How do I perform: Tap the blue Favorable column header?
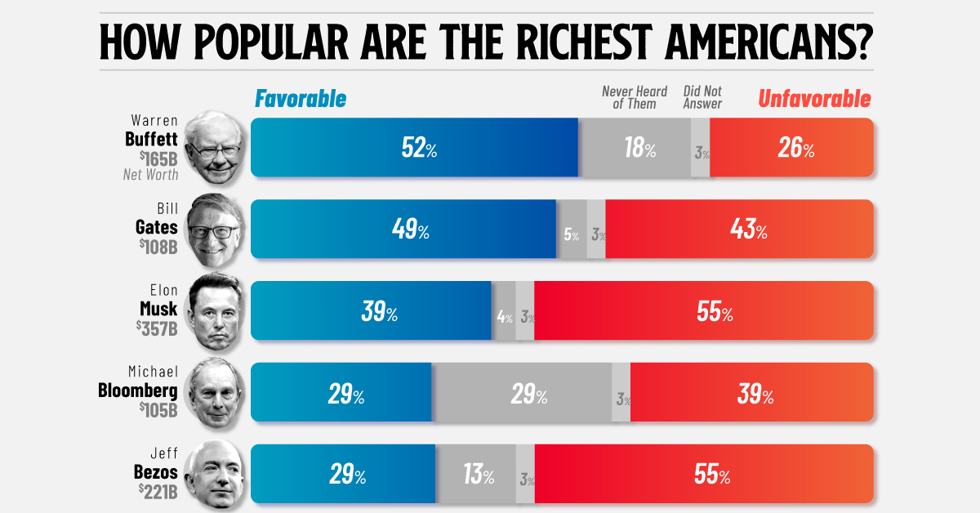(301, 99)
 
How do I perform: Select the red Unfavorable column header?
(814, 99)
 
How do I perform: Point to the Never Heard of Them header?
(635, 97)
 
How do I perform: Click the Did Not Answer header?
(702, 97)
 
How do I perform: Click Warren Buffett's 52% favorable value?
(419, 148)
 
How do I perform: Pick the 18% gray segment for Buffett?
(638, 148)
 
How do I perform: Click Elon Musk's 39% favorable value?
(379, 311)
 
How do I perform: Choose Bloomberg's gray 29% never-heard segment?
(528, 394)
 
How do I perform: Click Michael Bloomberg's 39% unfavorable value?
(755, 394)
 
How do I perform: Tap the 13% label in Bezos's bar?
(476, 475)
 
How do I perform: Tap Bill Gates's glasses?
(213, 231)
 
